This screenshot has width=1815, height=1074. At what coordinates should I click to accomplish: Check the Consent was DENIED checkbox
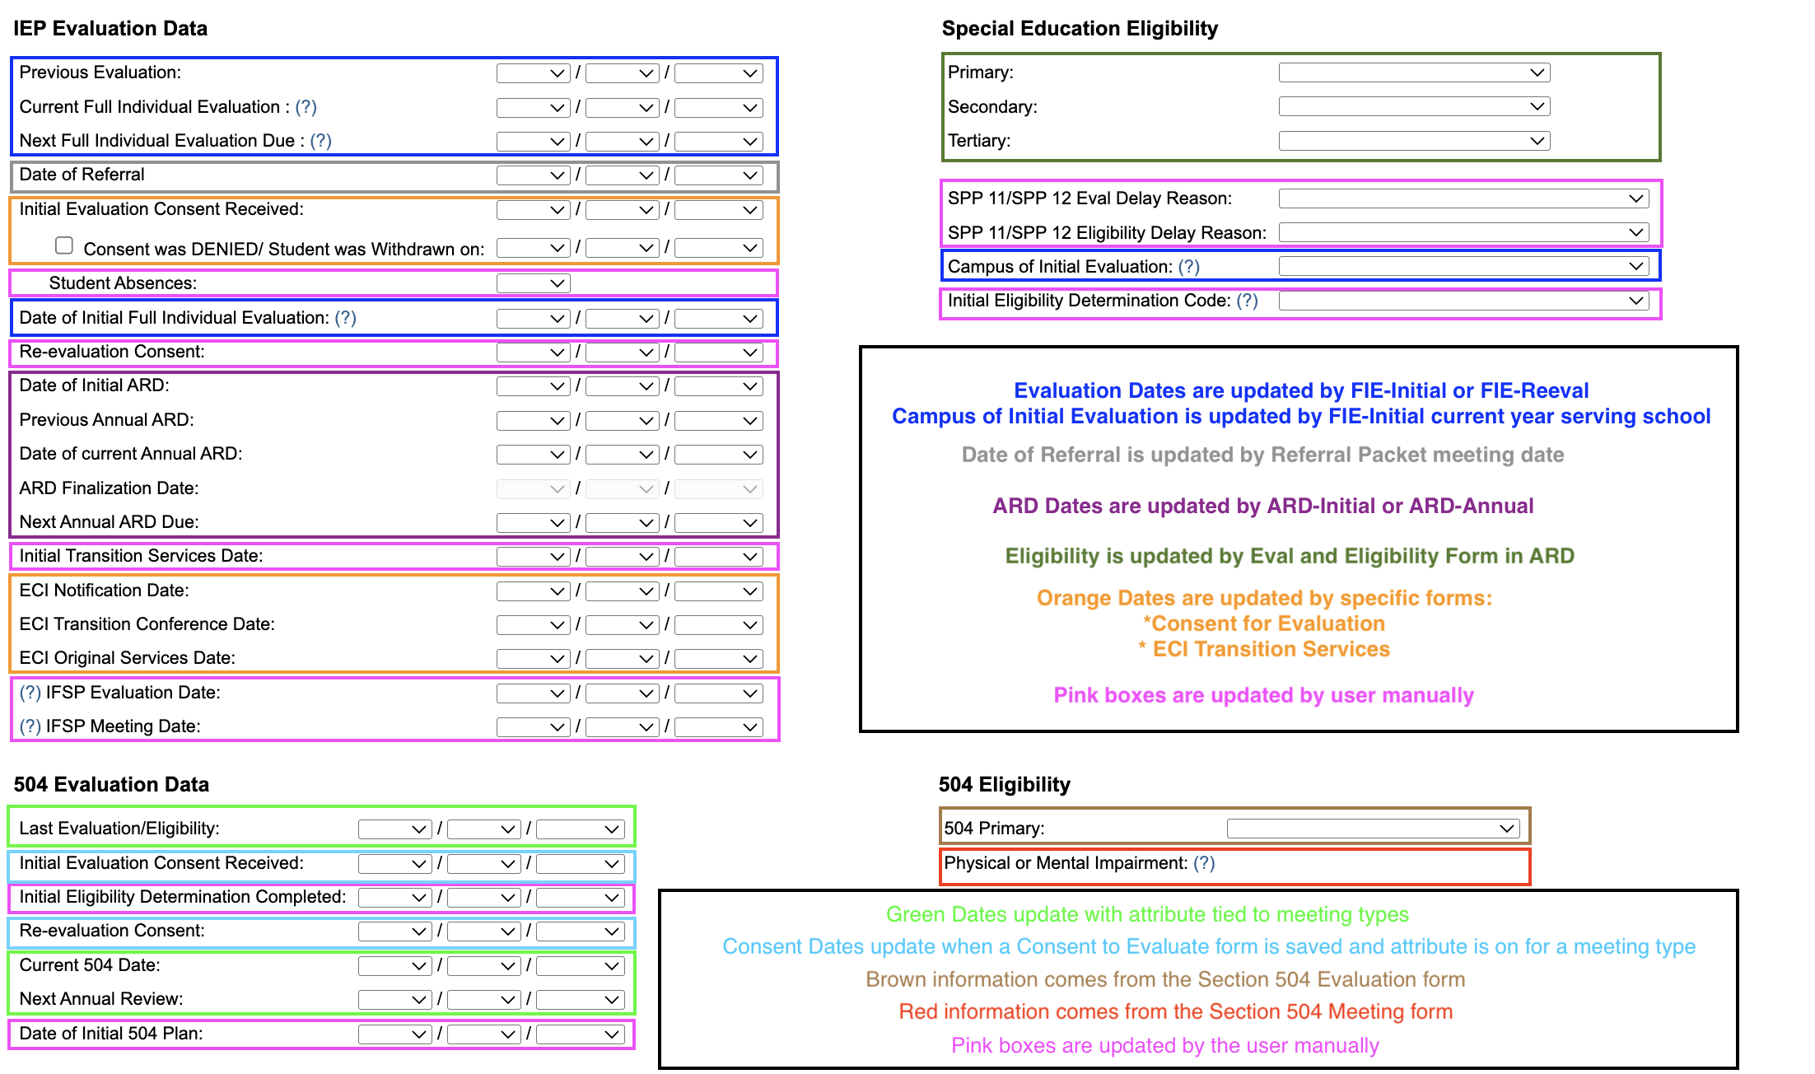[x=64, y=245]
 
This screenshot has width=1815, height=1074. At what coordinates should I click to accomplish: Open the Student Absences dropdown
[x=533, y=283]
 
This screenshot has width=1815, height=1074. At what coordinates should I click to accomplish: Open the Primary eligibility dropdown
[x=1413, y=72]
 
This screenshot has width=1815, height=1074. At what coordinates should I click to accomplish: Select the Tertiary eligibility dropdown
[x=1413, y=141]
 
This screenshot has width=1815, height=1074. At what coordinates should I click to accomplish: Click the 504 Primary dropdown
[x=1372, y=829]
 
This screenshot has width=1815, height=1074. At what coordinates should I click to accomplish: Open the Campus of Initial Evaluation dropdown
[x=1463, y=266]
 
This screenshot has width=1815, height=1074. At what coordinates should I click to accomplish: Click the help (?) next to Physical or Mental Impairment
[x=1204, y=863]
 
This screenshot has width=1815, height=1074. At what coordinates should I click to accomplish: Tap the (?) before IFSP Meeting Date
[x=30, y=726]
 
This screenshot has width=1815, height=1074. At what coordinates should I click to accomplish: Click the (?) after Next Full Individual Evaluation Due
[x=320, y=141]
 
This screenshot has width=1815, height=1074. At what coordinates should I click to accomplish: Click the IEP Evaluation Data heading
[x=110, y=29]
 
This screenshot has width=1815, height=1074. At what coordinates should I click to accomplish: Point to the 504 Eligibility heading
[x=1004, y=785]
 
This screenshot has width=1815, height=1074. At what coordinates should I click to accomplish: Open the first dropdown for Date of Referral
[x=533, y=175]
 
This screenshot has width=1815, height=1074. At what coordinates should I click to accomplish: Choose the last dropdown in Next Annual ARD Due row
[x=718, y=523]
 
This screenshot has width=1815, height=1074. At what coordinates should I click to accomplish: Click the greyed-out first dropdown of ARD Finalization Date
[x=533, y=489]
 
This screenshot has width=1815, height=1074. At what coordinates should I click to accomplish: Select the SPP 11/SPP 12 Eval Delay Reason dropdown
[x=1463, y=198]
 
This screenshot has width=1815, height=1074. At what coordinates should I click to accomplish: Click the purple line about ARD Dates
[x=1262, y=506]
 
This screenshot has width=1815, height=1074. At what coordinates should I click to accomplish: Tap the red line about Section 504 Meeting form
[x=1175, y=1011]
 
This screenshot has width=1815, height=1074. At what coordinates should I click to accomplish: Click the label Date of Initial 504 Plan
[x=111, y=1034]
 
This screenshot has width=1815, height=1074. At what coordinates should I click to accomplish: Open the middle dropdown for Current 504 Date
[x=483, y=966]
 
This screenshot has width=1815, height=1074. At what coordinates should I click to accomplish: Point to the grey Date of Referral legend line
[x=1262, y=455]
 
